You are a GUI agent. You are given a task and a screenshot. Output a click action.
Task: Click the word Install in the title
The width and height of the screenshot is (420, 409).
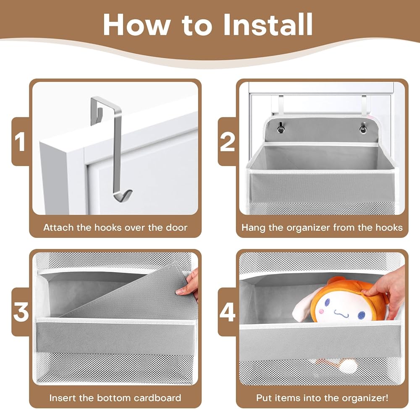pyautogui.click(x=268, y=24)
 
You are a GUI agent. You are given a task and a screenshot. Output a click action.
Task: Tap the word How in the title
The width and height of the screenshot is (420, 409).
pyautogui.click(x=136, y=25)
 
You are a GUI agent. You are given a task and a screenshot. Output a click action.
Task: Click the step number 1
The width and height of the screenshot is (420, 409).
pyautogui.click(x=20, y=141)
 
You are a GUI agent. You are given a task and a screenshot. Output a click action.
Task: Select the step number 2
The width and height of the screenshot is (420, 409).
pyautogui.click(x=227, y=141)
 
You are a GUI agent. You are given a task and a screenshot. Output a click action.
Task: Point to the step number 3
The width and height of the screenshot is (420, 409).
pyautogui.click(x=21, y=312)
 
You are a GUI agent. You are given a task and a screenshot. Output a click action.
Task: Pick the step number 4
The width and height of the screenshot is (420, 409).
pyautogui.click(x=228, y=312)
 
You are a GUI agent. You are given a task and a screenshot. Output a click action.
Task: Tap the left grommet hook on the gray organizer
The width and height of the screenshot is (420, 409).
pyautogui.click(x=280, y=128)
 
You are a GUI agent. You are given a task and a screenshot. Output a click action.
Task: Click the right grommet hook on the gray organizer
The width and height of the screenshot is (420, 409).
pyautogui.click(x=363, y=128)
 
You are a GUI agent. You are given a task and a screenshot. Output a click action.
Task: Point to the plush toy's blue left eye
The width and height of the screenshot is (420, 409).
pyautogui.click(x=327, y=302)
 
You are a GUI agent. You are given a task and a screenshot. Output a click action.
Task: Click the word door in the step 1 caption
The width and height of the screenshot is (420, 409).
pyautogui.click(x=176, y=227)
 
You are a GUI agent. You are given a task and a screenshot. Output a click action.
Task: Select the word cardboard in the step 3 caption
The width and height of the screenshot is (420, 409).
pyautogui.click(x=157, y=398)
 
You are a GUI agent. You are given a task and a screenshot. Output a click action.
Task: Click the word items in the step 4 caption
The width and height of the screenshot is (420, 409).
pyautogui.click(x=286, y=398)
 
